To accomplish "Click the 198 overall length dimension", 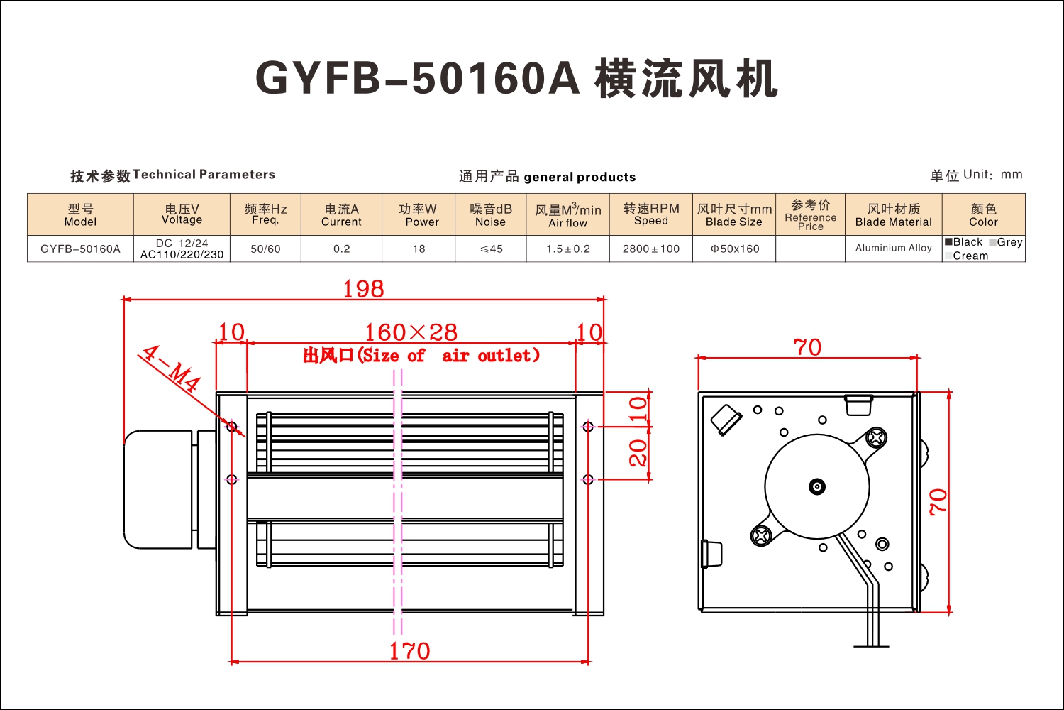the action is (x=363, y=289).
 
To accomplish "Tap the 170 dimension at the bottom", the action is (x=409, y=651).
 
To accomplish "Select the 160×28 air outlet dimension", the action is (x=411, y=332).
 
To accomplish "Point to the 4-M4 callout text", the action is (x=172, y=368).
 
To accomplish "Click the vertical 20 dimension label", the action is (x=638, y=452).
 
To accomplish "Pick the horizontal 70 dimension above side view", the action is (x=807, y=347).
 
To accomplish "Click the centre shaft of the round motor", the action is (x=817, y=486).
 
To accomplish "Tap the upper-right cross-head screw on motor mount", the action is (x=876, y=437).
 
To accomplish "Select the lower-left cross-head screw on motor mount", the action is (x=760, y=536).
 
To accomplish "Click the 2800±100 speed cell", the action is (x=650, y=248).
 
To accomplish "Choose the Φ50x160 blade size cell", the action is (x=734, y=248).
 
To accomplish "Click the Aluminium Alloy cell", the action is (x=894, y=248).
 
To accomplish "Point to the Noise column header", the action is (x=491, y=214).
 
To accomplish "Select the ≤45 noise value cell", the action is (x=491, y=248).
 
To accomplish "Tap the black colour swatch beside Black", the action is (x=948, y=241).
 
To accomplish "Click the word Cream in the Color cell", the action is (x=970, y=256).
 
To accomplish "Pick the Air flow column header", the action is (x=567, y=214).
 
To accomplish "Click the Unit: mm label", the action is (x=993, y=175).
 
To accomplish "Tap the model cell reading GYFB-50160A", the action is (x=80, y=248).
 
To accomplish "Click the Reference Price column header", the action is (x=810, y=214).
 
